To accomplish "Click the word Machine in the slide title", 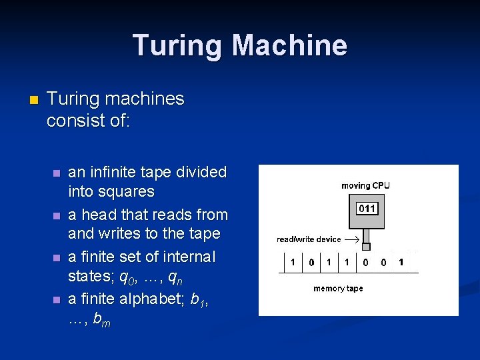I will pos(289,45).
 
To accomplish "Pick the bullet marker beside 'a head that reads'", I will pos(57,216).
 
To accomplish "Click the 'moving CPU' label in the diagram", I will pos(365,185).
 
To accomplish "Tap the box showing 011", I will pos(367,209).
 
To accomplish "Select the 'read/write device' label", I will pos(309,239).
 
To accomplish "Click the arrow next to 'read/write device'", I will pos(351,239).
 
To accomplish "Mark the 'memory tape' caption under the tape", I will pos(338,289).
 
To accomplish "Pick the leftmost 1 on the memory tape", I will pos(293,263).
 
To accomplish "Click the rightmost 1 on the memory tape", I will pos(401,263).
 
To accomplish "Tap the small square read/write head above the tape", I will pos(365,247).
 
